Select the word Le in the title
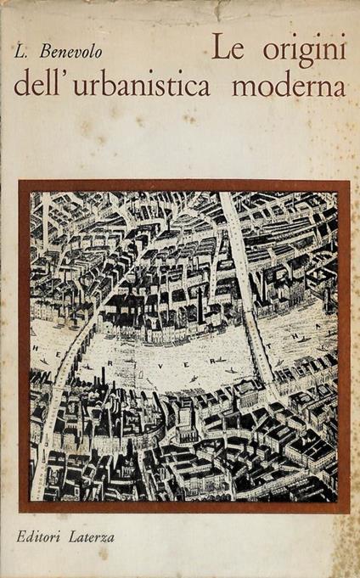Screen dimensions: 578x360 (224, 53)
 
